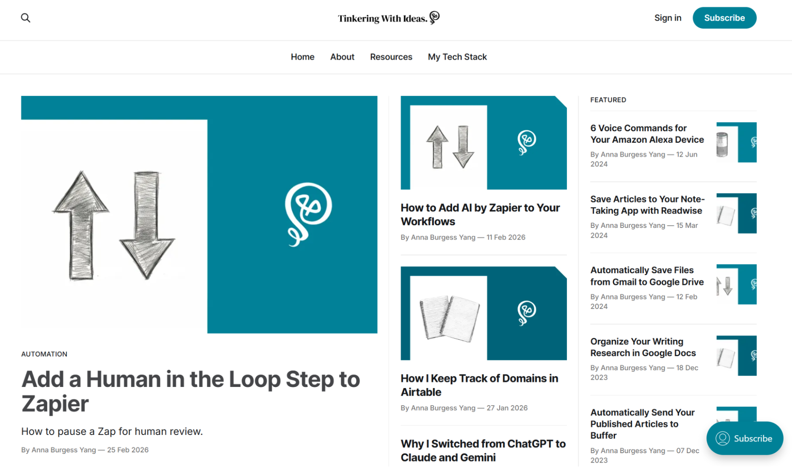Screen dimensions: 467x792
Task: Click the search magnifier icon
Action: pyautogui.click(x=26, y=18)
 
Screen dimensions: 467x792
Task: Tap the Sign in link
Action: pyautogui.click(x=668, y=18)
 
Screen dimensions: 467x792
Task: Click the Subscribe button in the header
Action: pyautogui.click(x=724, y=18)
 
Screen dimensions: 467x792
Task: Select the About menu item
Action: pyautogui.click(x=342, y=57)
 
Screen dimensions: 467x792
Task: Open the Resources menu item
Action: pyautogui.click(x=391, y=57)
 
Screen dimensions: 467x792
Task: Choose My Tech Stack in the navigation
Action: pyautogui.click(x=457, y=57)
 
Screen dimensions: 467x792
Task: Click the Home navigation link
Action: pyautogui.click(x=302, y=57)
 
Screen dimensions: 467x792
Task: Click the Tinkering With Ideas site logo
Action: pyautogui.click(x=388, y=18)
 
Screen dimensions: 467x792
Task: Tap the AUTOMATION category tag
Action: pyautogui.click(x=44, y=354)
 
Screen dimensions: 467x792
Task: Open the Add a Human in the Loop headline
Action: pyautogui.click(x=190, y=391)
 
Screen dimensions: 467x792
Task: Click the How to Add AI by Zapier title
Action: pyautogui.click(x=480, y=214)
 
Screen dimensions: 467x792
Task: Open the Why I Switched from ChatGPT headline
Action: pyautogui.click(x=483, y=450)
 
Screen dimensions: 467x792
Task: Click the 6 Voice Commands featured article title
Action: pyautogui.click(x=647, y=134)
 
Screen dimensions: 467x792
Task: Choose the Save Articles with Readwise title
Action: pyautogui.click(x=647, y=205)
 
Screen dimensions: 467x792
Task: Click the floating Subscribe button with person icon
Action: pyautogui.click(x=744, y=438)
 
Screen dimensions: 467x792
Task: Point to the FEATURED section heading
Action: pyautogui.click(x=608, y=100)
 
